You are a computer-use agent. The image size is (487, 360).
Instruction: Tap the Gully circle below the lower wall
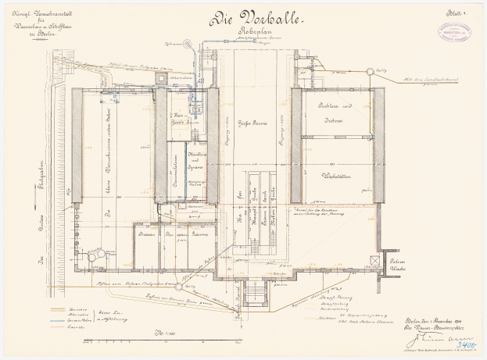(x=188, y=287)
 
